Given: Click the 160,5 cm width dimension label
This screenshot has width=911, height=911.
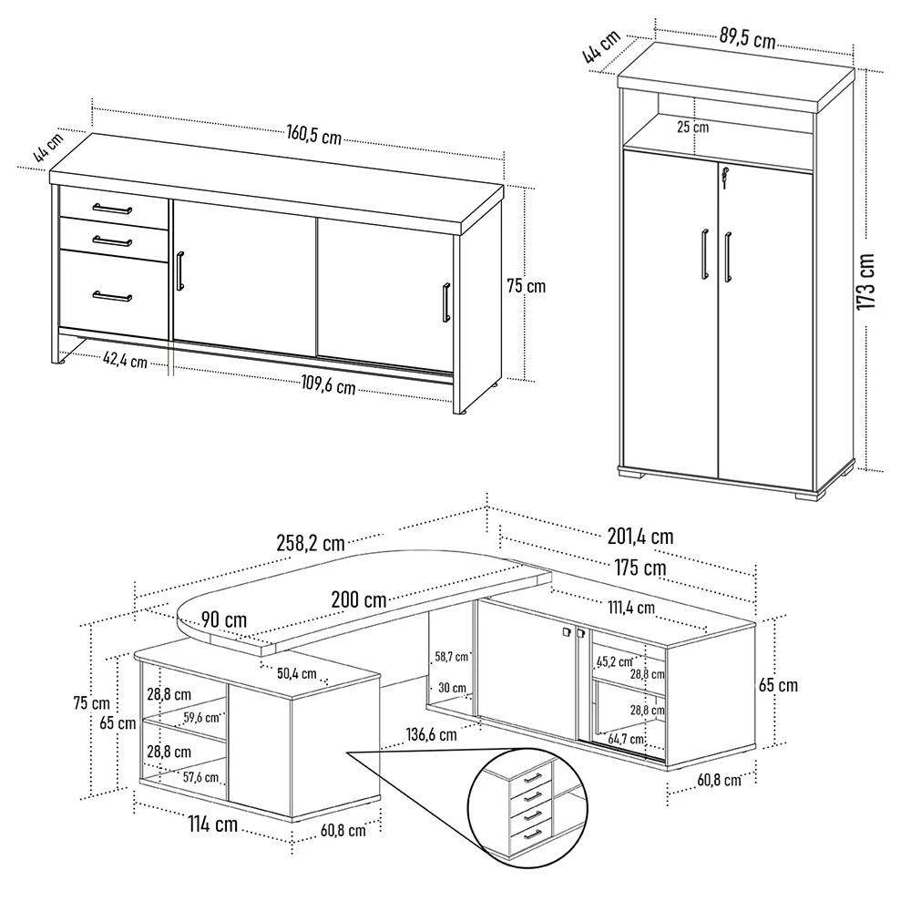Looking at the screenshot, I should click(x=313, y=135).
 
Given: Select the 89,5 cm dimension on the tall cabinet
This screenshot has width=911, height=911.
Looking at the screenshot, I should click(x=747, y=38).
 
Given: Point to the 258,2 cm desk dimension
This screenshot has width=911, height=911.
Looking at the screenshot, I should click(x=309, y=544).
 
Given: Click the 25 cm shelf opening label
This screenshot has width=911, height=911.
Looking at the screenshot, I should click(x=692, y=127).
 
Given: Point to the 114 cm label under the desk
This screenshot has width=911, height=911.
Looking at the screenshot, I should click(x=213, y=824).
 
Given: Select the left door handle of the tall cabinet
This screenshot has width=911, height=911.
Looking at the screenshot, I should click(x=704, y=254).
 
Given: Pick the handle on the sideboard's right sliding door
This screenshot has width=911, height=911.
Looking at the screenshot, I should click(x=445, y=302).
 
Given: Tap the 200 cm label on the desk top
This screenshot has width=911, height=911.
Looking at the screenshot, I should click(x=358, y=600).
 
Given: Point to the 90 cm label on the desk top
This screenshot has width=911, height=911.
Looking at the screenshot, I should click(x=224, y=619).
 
